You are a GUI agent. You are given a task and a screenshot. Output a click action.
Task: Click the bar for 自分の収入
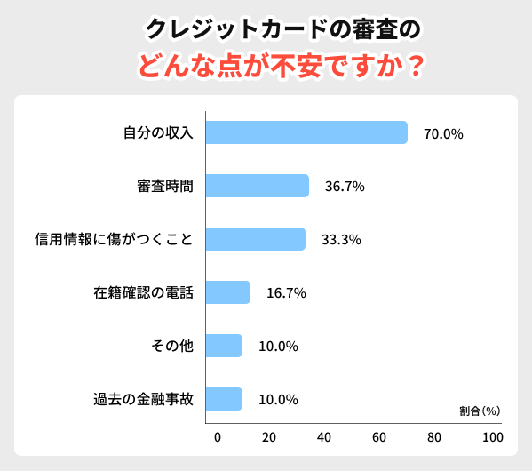pyautogui.click(x=306, y=132)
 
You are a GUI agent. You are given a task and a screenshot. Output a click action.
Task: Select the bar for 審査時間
pyautogui.click(x=258, y=186)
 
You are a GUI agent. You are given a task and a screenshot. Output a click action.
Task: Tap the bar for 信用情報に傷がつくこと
pyautogui.click(x=256, y=239)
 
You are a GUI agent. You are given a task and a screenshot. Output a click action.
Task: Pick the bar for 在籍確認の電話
pyautogui.click(x=228, y=292)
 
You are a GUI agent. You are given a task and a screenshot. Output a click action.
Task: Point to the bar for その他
pyautogui.click(x=224, y=346)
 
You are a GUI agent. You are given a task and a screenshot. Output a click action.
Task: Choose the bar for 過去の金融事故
pyautogui.click(x=224, y=399)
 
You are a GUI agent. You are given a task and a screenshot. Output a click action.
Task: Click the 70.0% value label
pyautogui.click(x=444, y=134)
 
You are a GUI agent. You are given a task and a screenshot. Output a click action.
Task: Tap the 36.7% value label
pyautogui.click(x=345, y=188)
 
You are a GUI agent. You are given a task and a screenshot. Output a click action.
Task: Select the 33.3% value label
pyautogui.click(x=341, y=241)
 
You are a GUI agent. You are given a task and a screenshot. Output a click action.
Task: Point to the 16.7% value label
pyautogui.click(x=287, y=293)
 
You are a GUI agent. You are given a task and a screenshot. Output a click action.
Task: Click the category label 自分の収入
pyautogui.click(x=158, y=133)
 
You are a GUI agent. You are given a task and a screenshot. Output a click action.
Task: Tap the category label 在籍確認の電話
pyautogui.click(x=144, y=292)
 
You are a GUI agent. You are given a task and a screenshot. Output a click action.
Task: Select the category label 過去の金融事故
pyautogui.click(x=144, y=399)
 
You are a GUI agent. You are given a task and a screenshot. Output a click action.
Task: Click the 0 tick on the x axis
pyautogui.click(x=218, y=438)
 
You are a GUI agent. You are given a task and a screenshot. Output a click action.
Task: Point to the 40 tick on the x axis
pyautogui.click(x=324, y=438)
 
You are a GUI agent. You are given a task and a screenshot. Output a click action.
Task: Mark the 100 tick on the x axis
pyautogui.click(x=492, y=438)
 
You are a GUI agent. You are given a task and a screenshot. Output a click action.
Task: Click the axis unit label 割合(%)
pyautogui.click(x=480, y=411)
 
